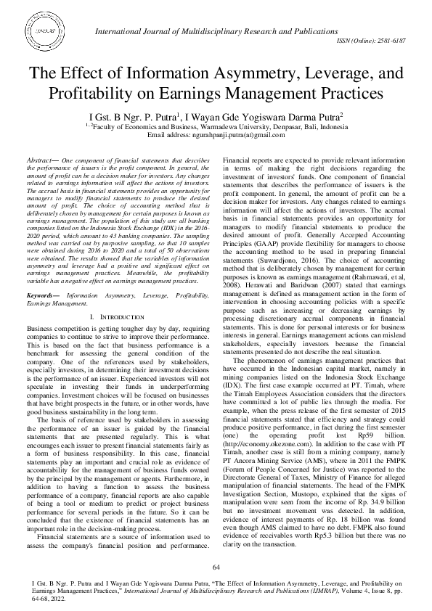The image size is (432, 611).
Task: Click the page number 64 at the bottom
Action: coord(216,566)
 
